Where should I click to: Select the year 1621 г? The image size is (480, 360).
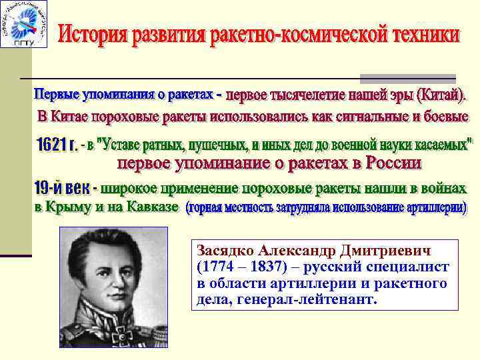coord(54,145)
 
